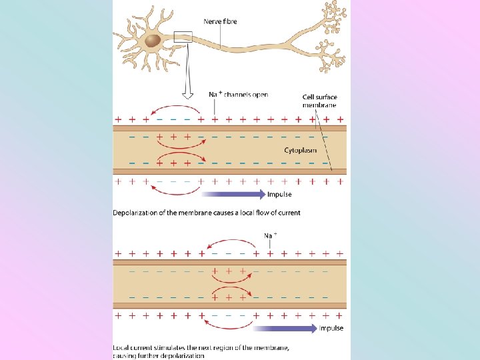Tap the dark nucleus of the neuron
(x=153, y=41)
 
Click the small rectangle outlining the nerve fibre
(x=183, y=37)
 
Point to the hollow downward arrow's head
(x=187, y=93)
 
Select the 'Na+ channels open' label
(x=239, y=95)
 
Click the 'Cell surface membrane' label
(x=319, y=101)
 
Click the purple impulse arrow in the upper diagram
(x=233, y=195)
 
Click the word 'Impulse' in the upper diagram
(x=279, y=195)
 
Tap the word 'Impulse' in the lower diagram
(x=331, y=328)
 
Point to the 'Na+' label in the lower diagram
(x=270, y=235)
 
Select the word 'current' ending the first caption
(x=287, y=213)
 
